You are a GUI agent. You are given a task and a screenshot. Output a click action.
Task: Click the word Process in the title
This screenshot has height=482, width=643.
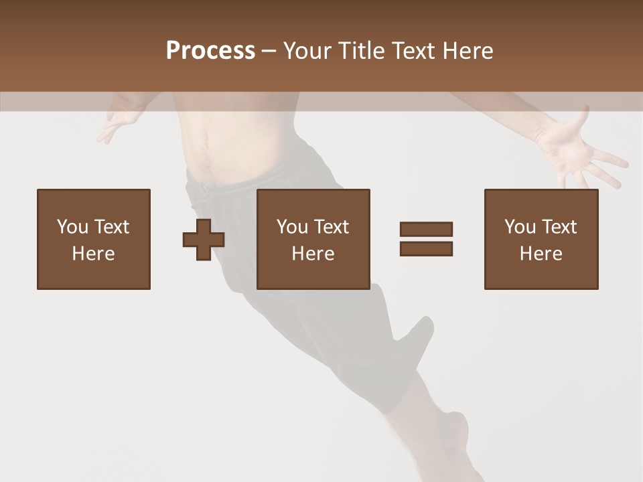(210, 51)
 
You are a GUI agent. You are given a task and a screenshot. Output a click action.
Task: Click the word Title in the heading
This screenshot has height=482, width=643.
(359, 51)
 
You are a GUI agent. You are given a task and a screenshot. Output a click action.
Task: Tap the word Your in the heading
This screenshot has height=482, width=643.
(308, 51)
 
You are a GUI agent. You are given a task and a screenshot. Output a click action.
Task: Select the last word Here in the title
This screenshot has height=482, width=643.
(467, 51)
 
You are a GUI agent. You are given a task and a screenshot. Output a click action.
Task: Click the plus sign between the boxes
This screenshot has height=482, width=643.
(204, 239)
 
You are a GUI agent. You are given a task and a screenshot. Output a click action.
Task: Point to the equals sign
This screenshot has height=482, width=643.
(426, 239)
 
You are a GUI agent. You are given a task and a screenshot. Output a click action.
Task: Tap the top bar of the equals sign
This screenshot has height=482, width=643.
(426, 230)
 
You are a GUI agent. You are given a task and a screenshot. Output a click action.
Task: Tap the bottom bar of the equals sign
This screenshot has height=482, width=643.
(426, 248)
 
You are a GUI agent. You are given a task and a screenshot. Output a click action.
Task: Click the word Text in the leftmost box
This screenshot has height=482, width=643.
(112, 227)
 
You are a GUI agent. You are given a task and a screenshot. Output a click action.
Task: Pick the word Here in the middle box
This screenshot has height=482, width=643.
(313, 254)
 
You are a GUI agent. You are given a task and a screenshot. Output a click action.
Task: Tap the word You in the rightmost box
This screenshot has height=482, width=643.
(520, 227)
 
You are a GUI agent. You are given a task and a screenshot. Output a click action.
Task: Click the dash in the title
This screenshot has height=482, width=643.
(269, 51)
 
